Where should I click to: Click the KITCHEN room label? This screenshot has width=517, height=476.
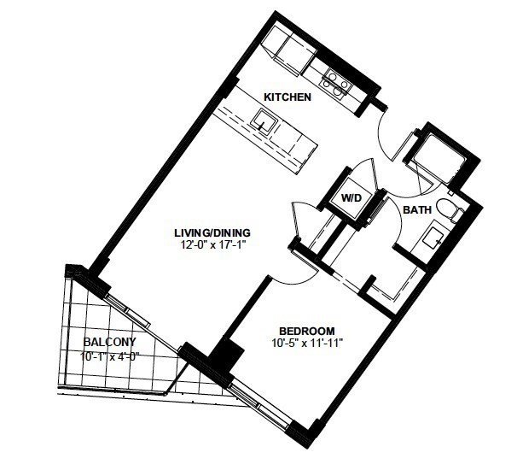pos(288,97)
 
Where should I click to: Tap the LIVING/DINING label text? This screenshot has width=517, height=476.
pos(212,232)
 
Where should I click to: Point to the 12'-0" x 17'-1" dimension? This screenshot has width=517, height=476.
pos(213,244)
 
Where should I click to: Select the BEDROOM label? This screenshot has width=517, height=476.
pos(307,331)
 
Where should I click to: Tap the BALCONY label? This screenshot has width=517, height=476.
pos(110,342)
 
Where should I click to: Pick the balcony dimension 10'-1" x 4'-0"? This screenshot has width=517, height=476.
pos(110,356)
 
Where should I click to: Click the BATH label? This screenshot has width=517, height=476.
pos(417,209)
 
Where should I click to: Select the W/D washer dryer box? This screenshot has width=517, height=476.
pos(351,198)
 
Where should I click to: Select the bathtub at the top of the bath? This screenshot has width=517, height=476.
pos(435,156)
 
